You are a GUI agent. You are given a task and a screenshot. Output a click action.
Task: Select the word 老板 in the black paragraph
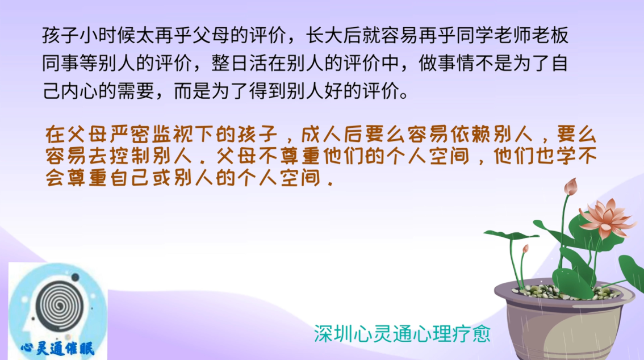click(x=550, y=35)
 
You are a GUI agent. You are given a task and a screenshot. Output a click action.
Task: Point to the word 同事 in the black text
click(x=60, y=63)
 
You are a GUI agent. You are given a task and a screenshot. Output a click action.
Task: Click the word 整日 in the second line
click(x=230, y=63)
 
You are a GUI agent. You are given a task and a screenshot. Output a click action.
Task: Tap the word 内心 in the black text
click(x=80, y=91)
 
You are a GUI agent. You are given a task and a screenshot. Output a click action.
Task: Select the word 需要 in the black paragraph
click(x=136, y=91)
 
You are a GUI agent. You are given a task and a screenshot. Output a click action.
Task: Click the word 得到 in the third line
click(x=267, y=91)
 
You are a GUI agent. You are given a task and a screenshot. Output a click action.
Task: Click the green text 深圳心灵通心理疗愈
click(x=402, y=334)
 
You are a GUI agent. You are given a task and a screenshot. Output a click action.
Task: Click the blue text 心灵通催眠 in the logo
click(x=58, y=349)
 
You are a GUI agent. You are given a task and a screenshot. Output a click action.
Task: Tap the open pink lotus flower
click(x=607, y=217)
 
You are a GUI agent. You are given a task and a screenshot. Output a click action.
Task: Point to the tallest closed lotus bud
click(x=571, y=186)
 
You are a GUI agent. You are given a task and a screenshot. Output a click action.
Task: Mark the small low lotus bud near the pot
click(x=525, y=249)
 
